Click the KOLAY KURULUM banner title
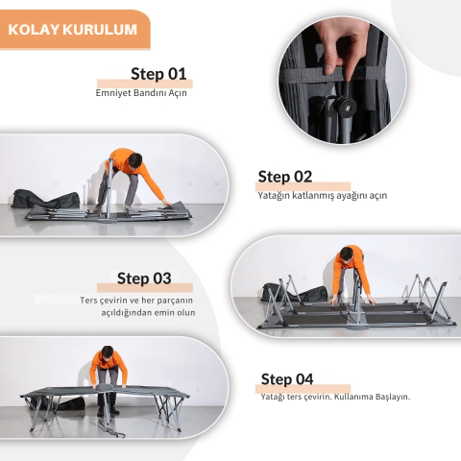pos(73,30)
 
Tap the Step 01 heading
pos(158,74)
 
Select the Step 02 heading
pos(285,177)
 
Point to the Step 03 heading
pos(144,279)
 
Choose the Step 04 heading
pos(287,379)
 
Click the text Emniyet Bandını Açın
pos(141,93)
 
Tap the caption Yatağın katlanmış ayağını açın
pos(323,196)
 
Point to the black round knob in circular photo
pos(345,106)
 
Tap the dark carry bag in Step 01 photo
pos(45,199)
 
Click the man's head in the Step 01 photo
pos(134,160)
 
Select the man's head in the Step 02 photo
pos(346,254)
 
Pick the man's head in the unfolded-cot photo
pos(107,353)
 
